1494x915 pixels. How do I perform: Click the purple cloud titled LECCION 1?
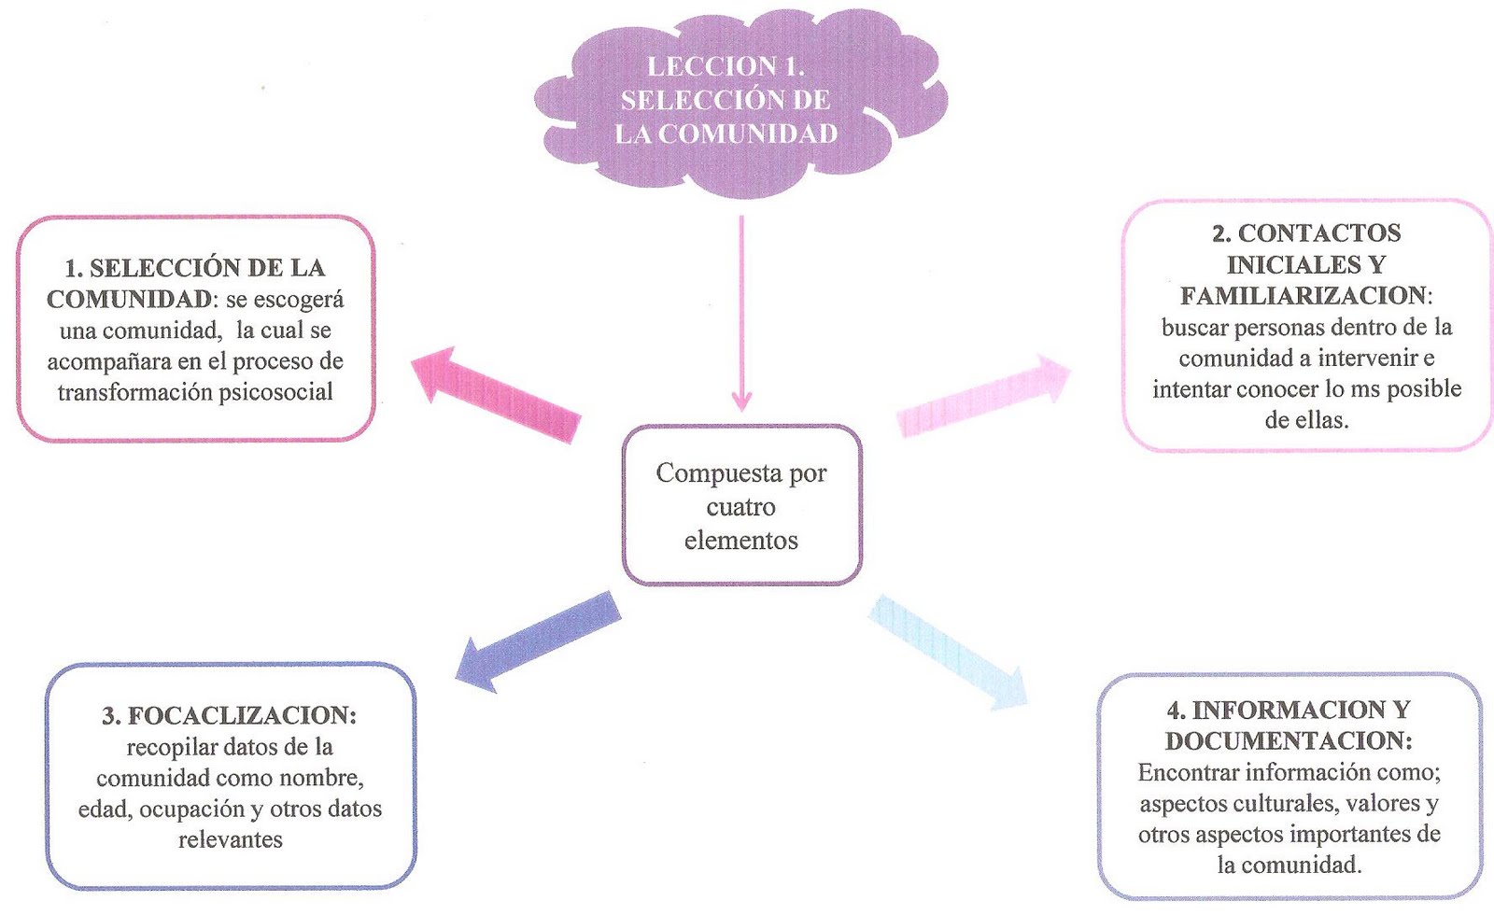click(x=738, y=103)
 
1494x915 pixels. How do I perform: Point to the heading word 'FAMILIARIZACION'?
click(x=1303, y=296)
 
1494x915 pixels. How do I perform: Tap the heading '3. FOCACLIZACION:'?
click(x=230, y=716)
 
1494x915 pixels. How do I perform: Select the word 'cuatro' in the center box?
click(x=740, y=507)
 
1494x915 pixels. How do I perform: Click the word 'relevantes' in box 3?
click(x=230, y=839)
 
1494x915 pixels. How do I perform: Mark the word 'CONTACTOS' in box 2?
click(x=1319, y=233)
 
